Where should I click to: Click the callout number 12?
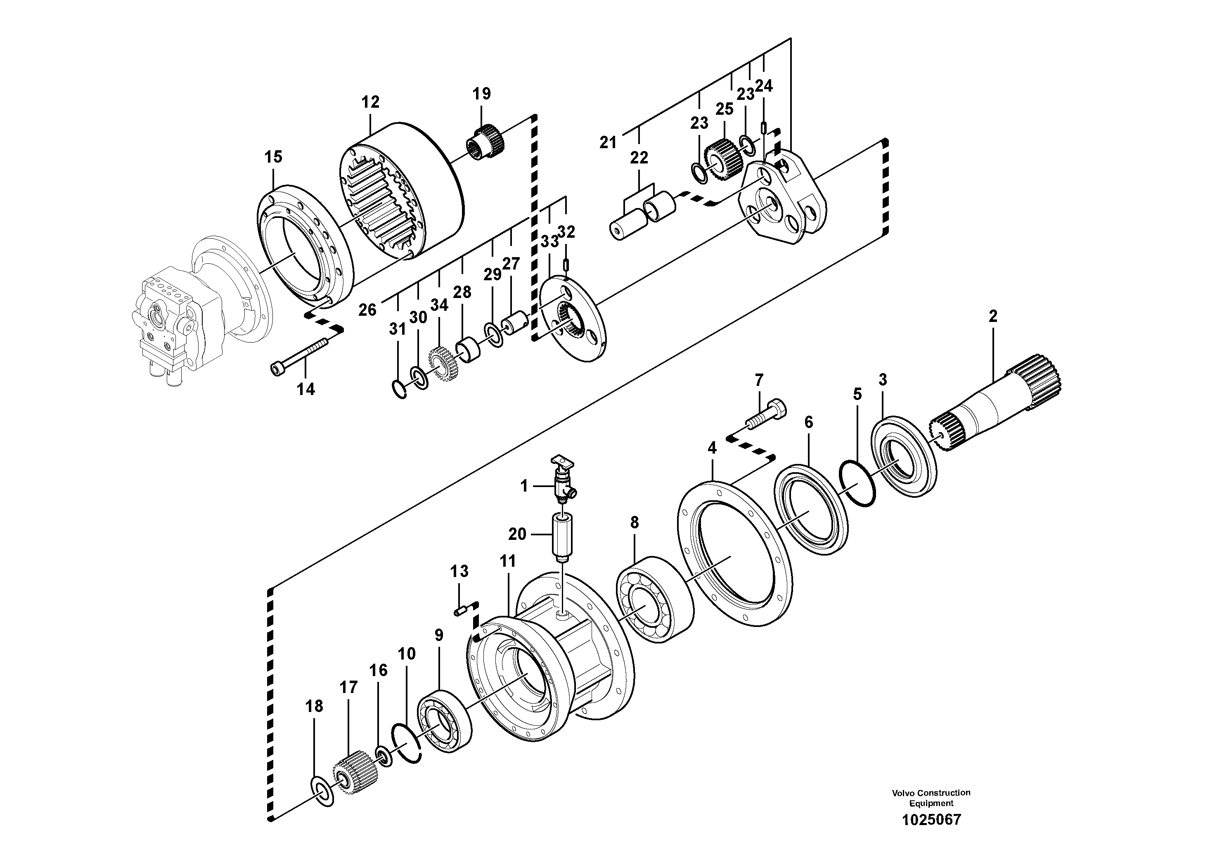coord(370,102)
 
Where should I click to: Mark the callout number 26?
coord(367,309)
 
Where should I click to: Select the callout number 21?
coord(608,142)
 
